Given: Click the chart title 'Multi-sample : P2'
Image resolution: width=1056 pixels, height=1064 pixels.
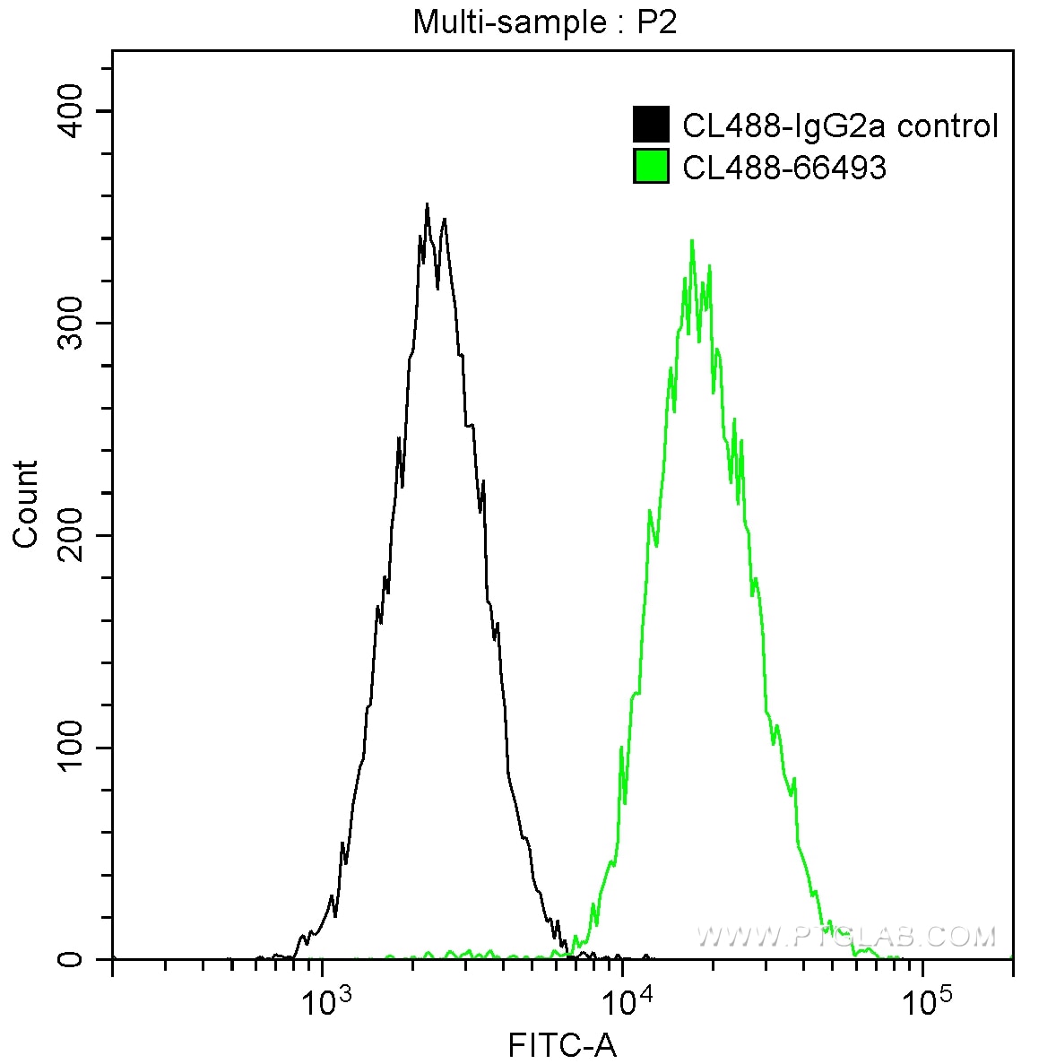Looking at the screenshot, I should coord(545,22).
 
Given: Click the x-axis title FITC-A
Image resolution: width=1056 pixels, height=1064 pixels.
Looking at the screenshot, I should coord(562,1044).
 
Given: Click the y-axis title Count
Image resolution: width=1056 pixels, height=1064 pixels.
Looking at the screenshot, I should coord(26,504).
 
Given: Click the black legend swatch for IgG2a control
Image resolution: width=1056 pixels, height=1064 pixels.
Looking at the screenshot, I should coord(651,125).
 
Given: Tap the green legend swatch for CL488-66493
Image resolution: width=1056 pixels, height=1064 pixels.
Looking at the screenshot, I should coord(651,167).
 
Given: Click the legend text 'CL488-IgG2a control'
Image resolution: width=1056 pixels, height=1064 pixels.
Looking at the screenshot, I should coord(840,125).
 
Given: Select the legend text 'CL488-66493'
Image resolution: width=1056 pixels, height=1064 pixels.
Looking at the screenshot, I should coord(784,168).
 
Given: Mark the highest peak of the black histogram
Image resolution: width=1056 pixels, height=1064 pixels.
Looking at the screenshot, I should coord(427,204).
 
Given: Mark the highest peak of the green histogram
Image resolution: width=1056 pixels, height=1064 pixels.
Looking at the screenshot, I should coord(692,240).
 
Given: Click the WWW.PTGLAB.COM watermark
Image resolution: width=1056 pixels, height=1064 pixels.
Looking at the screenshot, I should coord(846,937).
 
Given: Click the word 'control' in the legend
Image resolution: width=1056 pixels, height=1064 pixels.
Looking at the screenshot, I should coord(948,125).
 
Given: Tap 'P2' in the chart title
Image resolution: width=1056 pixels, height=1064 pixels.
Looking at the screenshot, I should coord(657,22).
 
